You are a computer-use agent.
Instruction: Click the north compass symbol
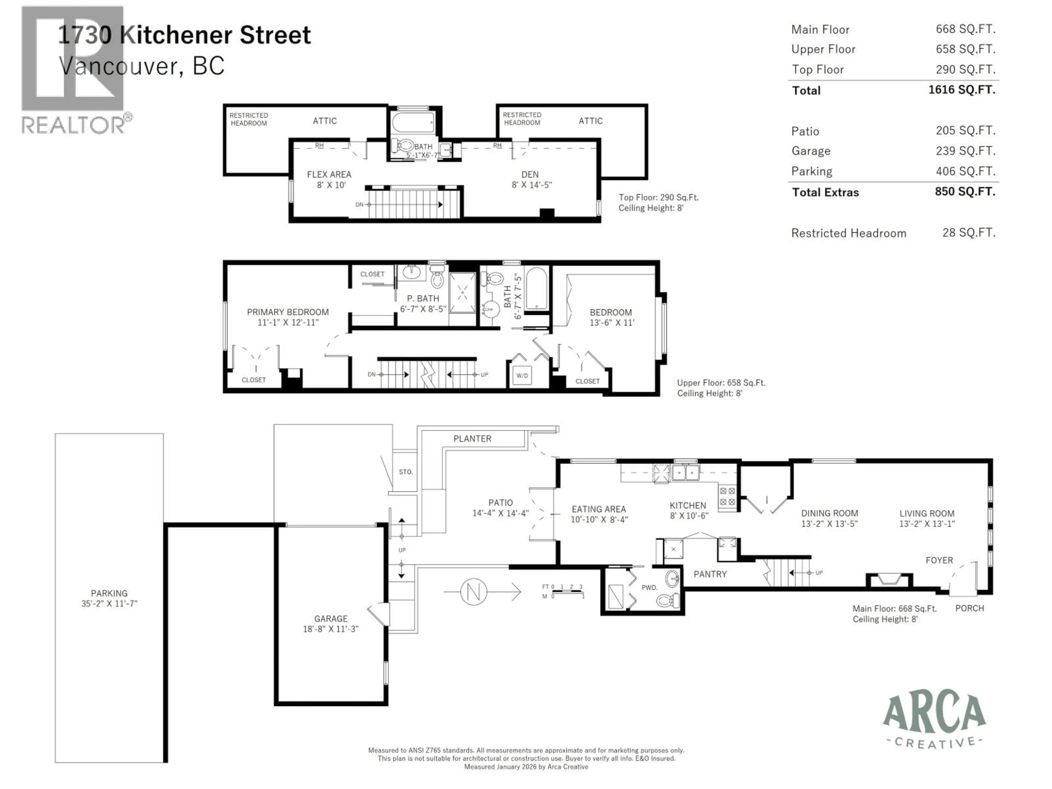tap(474, 592)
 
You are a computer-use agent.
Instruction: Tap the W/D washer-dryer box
tap(522, 376)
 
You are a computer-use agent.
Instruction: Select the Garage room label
tap(331, 619)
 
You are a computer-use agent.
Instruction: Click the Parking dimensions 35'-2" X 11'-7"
tap(109, 604)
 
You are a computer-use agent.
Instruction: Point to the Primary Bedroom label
tap(287, 312)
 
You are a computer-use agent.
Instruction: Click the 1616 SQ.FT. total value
tap(962, 90)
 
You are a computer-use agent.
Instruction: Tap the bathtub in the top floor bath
tap(413, 122)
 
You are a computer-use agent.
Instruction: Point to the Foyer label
tap(939, 560)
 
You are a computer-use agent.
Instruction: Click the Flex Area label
tap(329, 175)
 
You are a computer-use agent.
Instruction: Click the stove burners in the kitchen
tap(727, 496)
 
